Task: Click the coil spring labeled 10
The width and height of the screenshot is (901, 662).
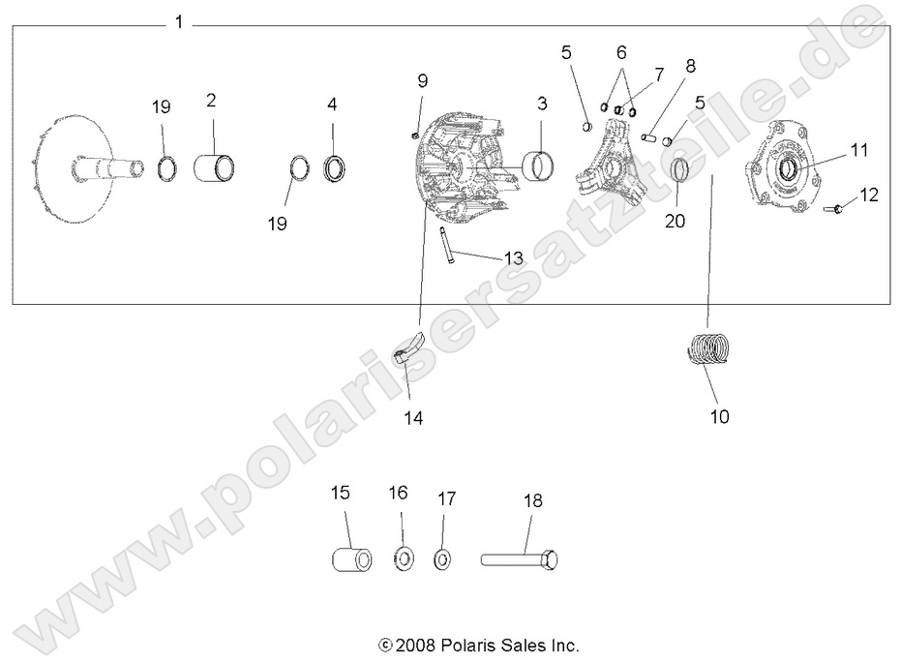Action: [712, 349]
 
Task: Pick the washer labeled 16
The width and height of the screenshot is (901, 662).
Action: [403, 559]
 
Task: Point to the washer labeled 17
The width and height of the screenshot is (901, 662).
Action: [442, 559]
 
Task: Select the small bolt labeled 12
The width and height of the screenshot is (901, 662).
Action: [835, 207]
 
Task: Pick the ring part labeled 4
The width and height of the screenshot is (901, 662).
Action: [333, 165]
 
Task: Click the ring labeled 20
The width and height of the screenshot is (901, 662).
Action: [680, 173]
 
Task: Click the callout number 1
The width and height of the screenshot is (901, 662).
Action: [179, 21]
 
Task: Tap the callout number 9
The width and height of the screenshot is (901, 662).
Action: [422, 79]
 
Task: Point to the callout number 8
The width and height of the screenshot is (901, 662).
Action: [689, 67]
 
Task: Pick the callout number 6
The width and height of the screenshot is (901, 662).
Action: [621, 50]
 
